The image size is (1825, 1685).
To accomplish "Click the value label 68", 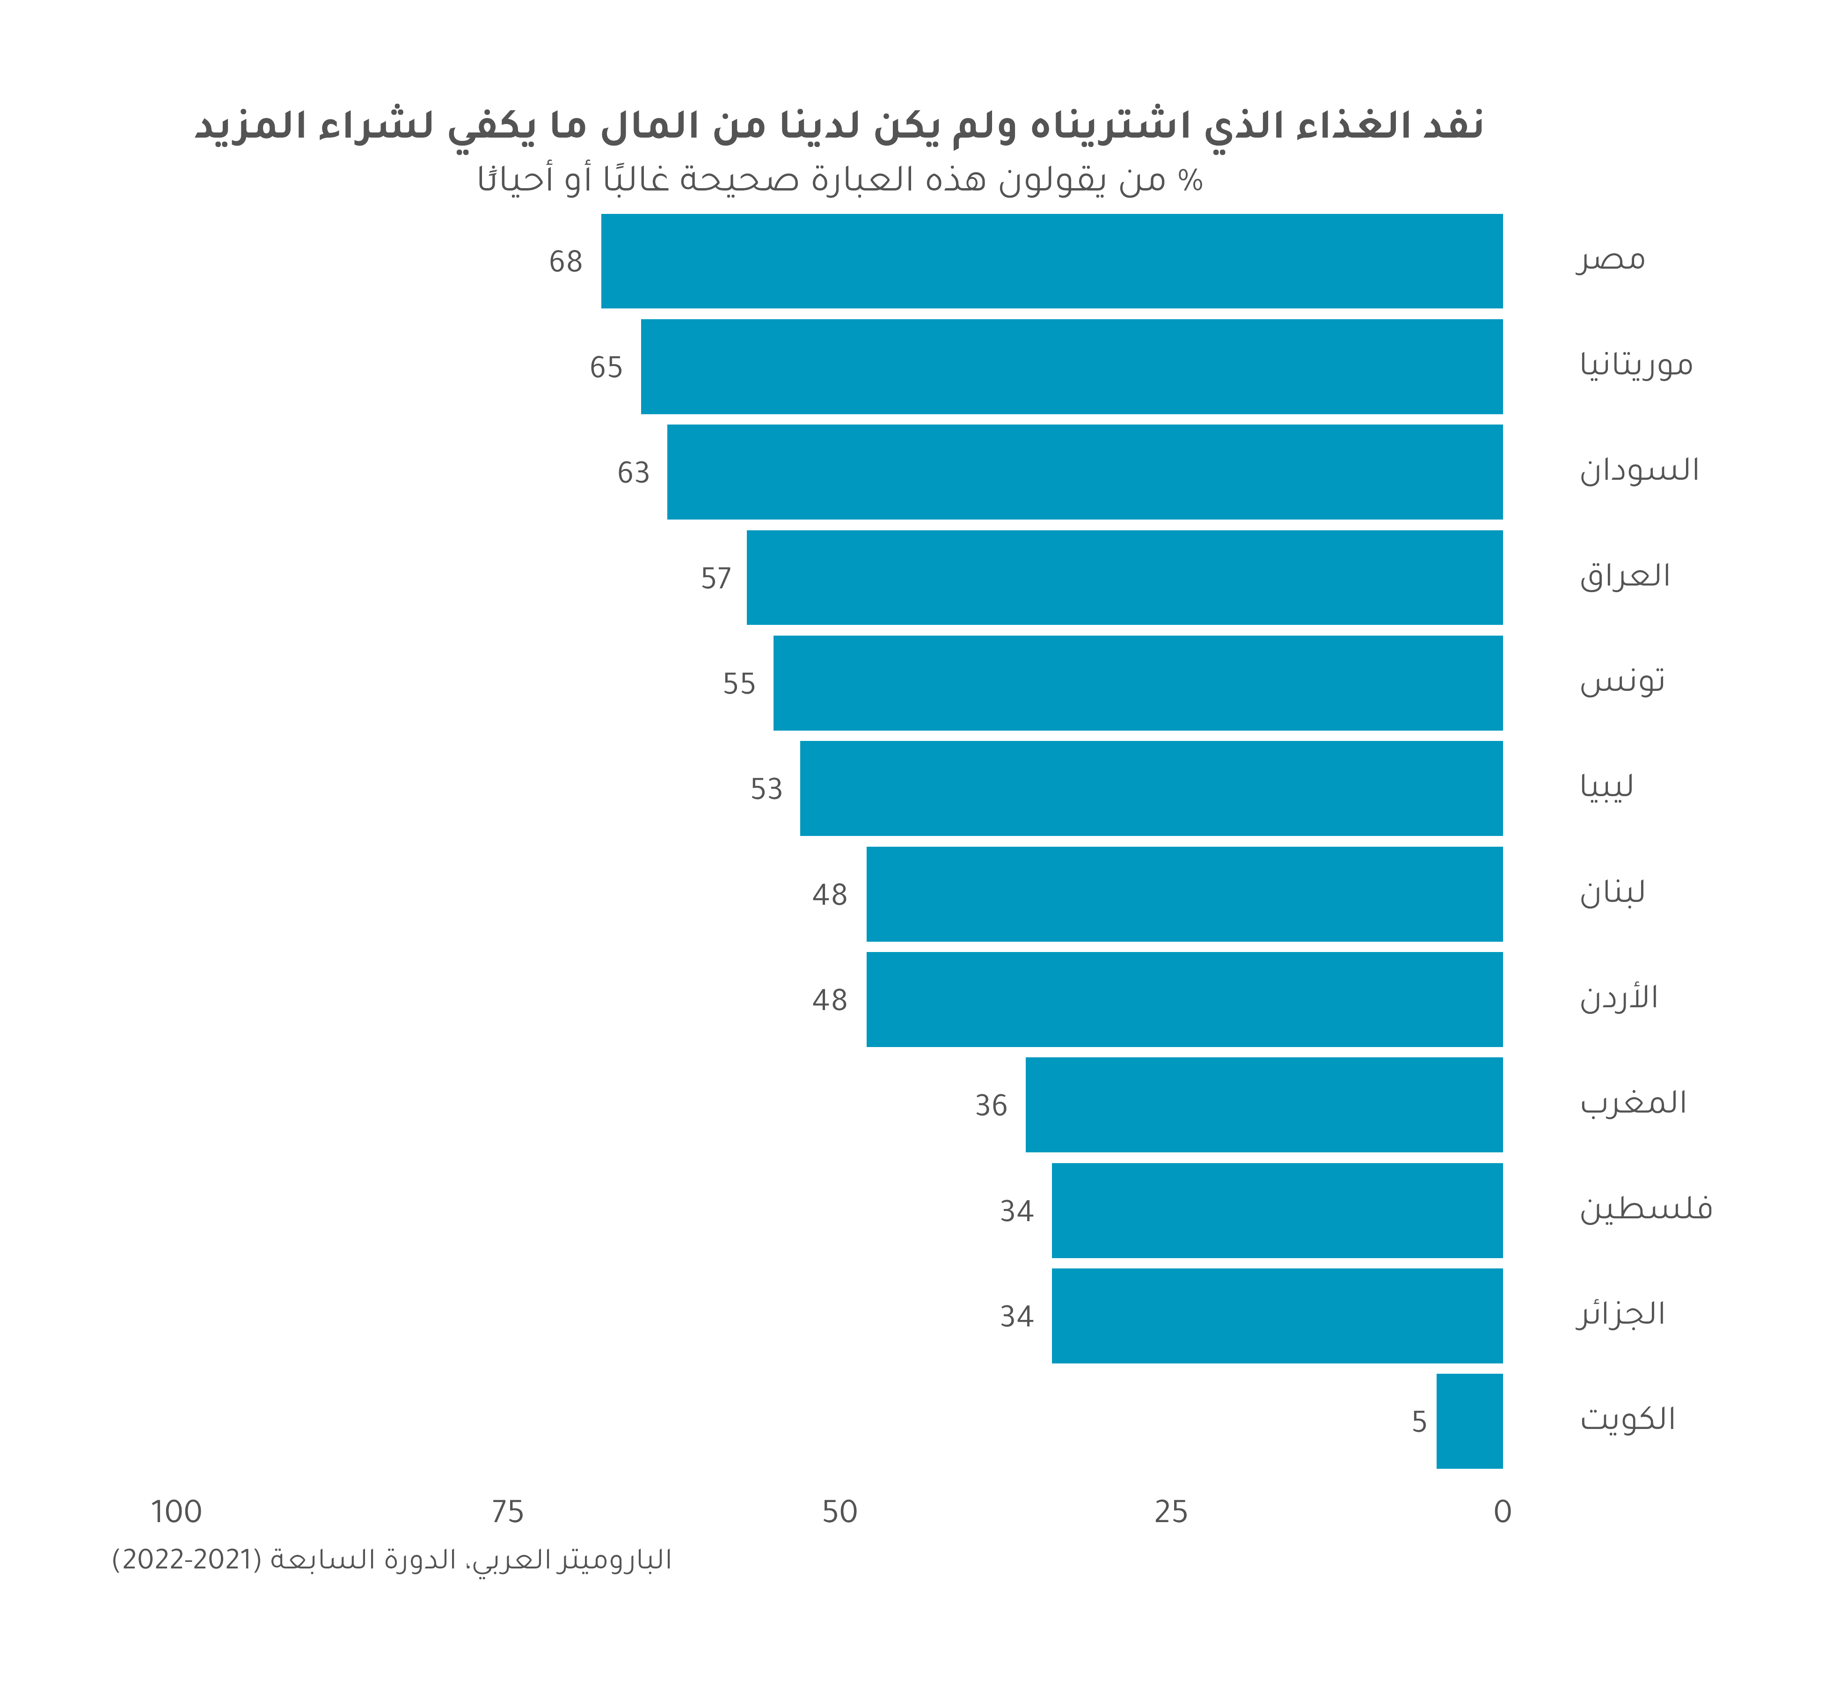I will tap(565, 262).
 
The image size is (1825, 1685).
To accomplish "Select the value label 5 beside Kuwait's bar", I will tap(1418, 1421).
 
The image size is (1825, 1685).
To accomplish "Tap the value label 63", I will tap(634, 472).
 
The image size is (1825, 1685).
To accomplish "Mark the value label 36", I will tap(991, 1105).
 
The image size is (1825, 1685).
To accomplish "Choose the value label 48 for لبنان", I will tap(830, 894).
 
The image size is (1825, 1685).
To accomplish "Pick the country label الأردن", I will tap(1618, 997).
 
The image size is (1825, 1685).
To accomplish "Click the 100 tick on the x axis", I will tap(176, 1512).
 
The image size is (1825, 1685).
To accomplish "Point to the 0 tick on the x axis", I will tap(1502, 1512).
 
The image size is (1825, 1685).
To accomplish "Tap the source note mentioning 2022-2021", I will tap(392, 1560).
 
